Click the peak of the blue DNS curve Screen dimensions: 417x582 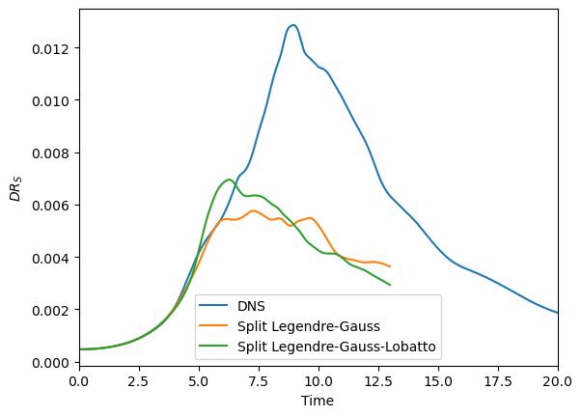point(292,25)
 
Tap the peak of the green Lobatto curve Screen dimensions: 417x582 point(229,180)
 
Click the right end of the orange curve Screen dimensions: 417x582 point(390,266)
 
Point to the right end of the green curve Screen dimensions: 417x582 point(390,285)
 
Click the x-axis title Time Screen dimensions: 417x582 point(318,401)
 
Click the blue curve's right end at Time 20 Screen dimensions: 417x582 point(557,313)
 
